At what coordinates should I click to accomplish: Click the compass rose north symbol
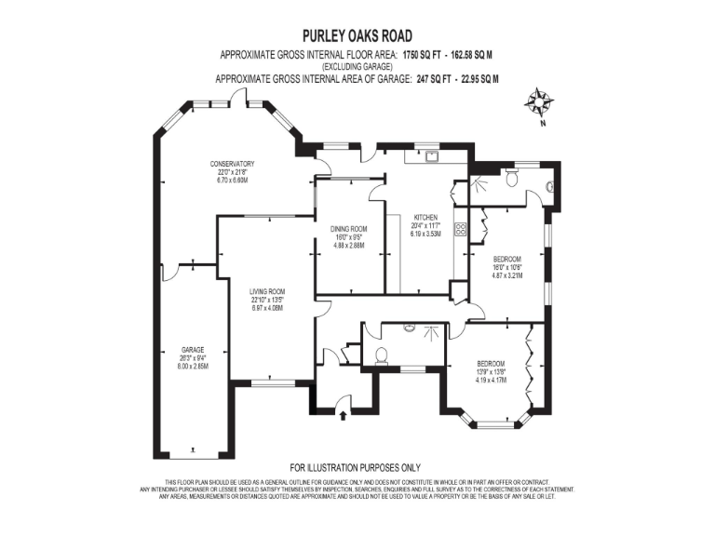[x=538, y=101]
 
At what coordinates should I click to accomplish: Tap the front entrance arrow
[x=344, y=402]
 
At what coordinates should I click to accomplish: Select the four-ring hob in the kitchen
[x=459, y=230]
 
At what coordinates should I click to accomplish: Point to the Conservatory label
[x=232, y=164]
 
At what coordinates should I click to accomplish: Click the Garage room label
[x=193, y=350]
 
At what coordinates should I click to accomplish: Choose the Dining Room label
[x=349, y=229]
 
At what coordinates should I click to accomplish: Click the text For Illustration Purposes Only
[x=357, y=467]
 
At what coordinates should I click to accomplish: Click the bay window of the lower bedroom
[x=493, y=424]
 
